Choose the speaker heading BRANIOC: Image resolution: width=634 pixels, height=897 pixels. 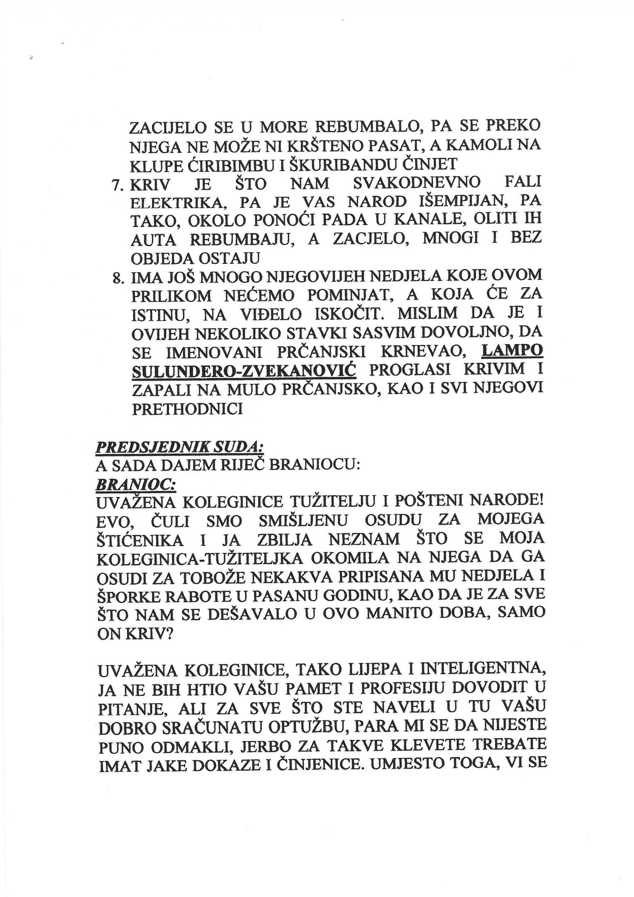click(x=135, y=485)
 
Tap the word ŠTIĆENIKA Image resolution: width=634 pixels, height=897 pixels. click(x=139, y=540)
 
